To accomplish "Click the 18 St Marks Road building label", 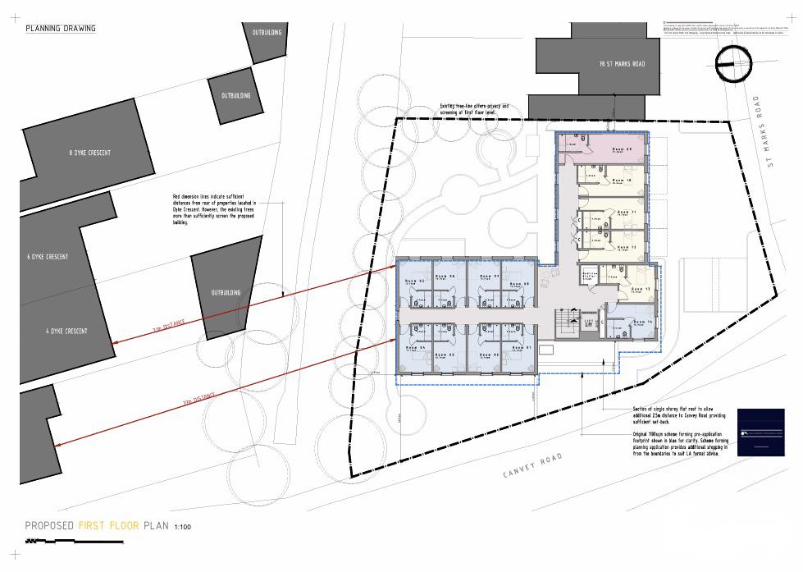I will point(622,63).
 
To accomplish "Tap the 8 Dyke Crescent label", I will point(90,153).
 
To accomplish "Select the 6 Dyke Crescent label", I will point(48,257).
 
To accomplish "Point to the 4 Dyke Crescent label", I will point(66,332).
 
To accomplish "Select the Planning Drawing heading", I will point(61,29).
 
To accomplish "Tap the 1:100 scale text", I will point(183,527).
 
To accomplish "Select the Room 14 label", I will point(643,322).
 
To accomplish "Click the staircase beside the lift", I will point(563,322).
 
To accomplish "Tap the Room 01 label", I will point(523,348).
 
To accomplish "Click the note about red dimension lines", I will point(214,210).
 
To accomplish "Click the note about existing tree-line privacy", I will point(475,108).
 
